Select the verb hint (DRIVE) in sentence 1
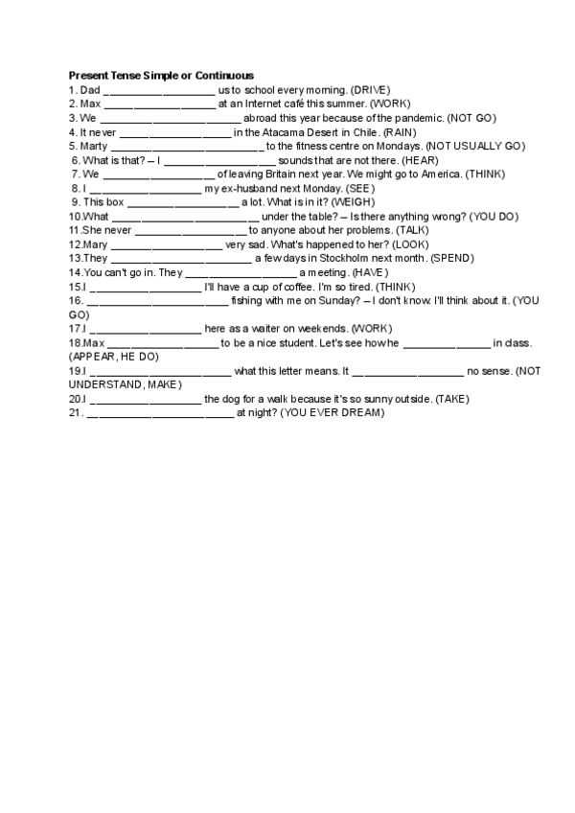pyautogui.click(x=364, y=89)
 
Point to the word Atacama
pyautogui.click(x=282, y=132)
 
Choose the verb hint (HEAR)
pyautogui.click(x=420, y=160)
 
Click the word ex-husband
pyautogui.click(x=237, y=189)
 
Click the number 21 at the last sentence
pyautogui.click(x=75, y=413)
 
